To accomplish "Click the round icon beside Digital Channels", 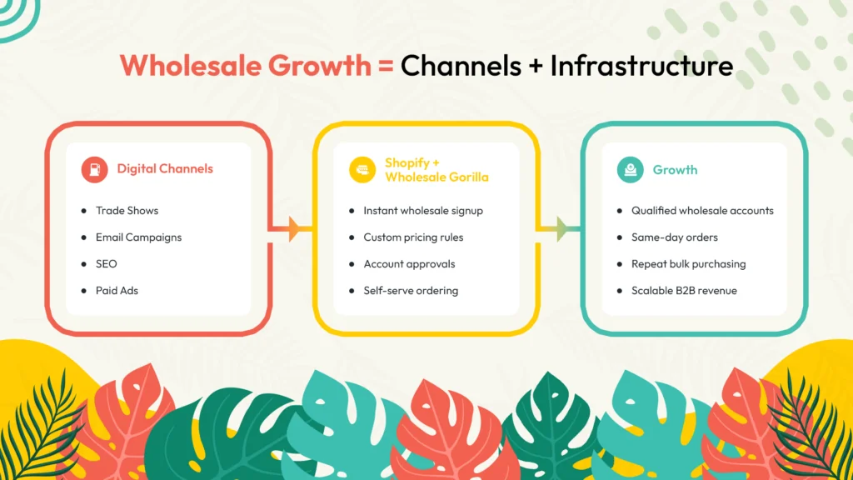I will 94,169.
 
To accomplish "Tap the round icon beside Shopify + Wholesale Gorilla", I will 362,169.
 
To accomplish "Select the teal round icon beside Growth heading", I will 631,169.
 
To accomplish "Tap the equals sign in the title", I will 385,66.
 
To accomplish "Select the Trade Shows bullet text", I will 127,211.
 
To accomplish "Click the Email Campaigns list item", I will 138,237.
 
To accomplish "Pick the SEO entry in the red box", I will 107,264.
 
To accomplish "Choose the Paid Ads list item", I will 117,291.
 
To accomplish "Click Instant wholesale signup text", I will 423,211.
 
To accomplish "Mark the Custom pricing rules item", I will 413,237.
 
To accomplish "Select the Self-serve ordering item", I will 411,291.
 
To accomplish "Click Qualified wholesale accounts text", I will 702,211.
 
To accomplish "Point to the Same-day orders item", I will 675,237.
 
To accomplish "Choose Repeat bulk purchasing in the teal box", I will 688,264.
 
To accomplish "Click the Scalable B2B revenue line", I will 684,291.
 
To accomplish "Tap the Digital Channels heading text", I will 165,169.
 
